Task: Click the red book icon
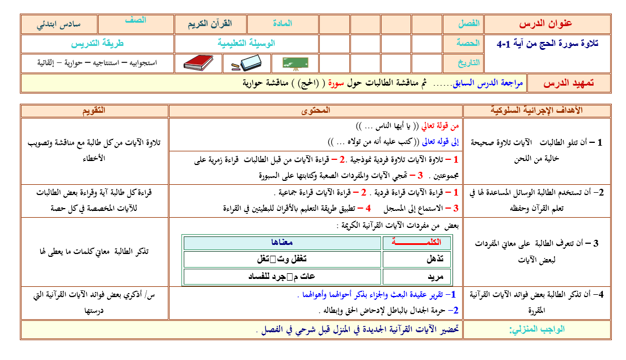[198, 63]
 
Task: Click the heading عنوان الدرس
[546, 24]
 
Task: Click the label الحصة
[468, 43]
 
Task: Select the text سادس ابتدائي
[58, 24]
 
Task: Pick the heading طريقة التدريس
[98, 43]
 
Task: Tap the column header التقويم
[94, 110]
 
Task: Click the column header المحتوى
[315, 110]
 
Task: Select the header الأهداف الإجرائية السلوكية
[536, 110]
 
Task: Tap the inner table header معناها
[282, 242]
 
